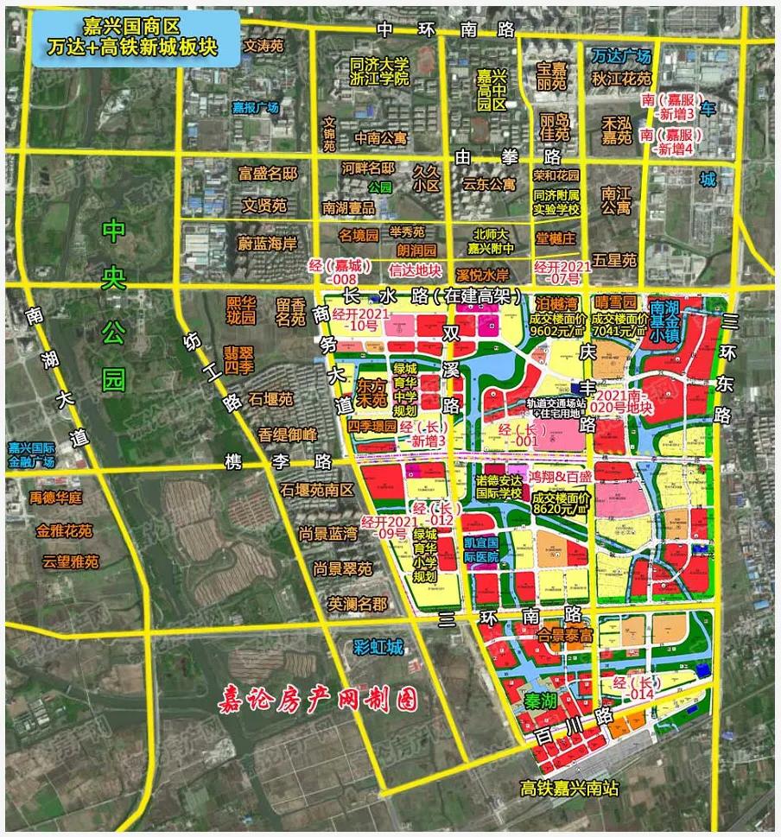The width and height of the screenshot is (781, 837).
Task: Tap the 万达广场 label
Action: pos(621,56)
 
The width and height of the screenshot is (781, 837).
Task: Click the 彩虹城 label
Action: pos(378,646)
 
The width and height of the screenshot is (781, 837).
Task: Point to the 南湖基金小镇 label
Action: pos(670,320)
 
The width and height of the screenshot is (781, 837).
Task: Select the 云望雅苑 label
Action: pos(71,561)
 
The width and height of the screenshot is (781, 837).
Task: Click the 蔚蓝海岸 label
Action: pos(268,244)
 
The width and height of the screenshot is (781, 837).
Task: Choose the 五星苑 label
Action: pos(617,258)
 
